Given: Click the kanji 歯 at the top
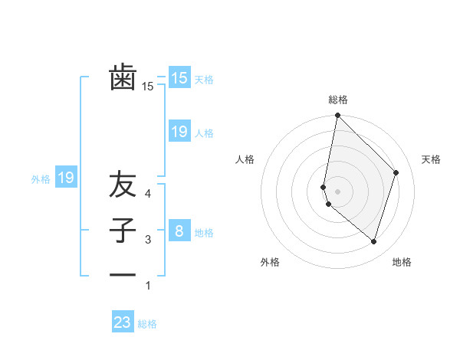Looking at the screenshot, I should (x=123, y=78).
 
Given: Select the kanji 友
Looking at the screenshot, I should (x=123, y=185).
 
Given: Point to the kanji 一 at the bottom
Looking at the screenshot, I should (x=123, y=275).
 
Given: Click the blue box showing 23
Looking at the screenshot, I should (x=123, y=322).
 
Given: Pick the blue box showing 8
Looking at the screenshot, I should (x=179, y=231).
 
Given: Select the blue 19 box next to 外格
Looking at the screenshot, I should (x=66, y=178).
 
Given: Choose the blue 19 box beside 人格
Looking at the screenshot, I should (x=179, y=132).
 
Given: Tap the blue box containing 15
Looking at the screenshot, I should (x=179, y=77).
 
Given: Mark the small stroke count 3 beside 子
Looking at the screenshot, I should (x=149, y=240).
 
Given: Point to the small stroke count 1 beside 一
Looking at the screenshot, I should (x=149, y=286).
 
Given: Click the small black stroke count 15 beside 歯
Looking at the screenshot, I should (x=148, y=87).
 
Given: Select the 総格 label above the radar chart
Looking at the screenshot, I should (x=338, y=100).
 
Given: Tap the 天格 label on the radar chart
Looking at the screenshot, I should (x=431, y=159).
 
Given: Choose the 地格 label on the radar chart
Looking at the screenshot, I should (x=402, y=262).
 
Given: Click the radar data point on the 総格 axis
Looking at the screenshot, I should (x=338, y=116).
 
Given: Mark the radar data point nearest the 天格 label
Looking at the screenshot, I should (x=396, y=172).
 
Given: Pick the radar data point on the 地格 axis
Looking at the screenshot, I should (x=373, y=241).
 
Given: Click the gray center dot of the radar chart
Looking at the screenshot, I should (x=338, y=191).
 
